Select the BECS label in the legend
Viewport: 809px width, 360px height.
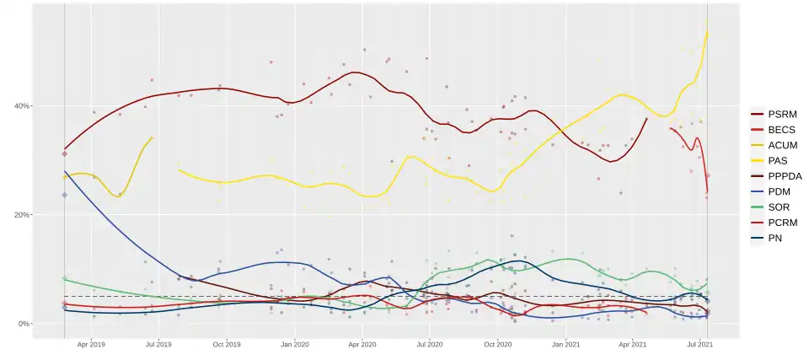[781, 130]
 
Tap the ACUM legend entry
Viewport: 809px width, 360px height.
[782, 145]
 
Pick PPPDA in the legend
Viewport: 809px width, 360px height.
[785, 175]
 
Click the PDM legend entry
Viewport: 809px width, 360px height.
[780, 191]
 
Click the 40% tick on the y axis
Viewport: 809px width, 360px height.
[20, 105]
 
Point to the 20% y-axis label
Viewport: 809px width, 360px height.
[20, 214]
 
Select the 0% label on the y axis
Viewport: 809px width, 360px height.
[23, 324]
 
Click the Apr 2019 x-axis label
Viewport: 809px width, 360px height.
[91, 344]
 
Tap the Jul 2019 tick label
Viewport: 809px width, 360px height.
[159, 344]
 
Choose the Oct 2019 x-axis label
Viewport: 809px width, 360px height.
[227, 344]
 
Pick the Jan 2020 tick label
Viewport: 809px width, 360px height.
[295, 344]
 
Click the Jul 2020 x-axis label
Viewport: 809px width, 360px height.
[430, 344]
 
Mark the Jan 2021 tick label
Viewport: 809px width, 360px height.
[565, 344]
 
